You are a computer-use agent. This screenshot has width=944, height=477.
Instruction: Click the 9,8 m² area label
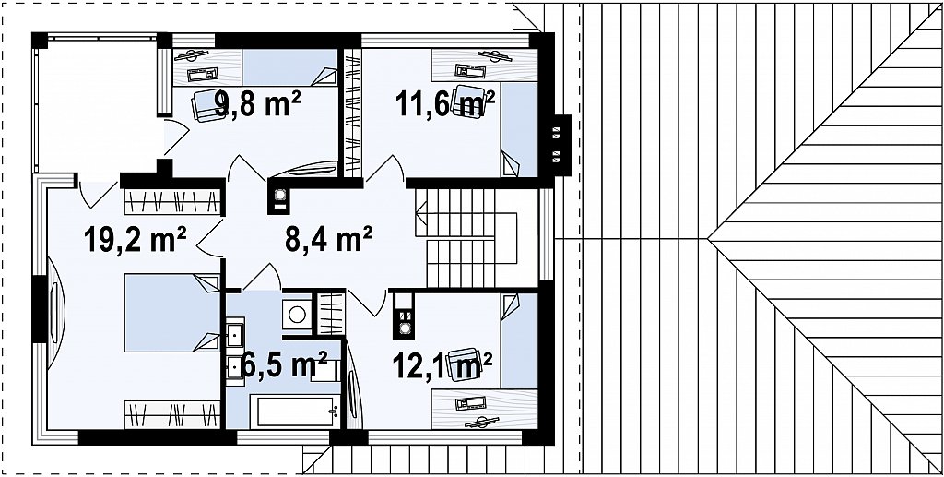pyautogui.click(x=258, y=104)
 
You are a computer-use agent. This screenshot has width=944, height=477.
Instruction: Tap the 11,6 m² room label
pyautogui.click(x=445, y=103)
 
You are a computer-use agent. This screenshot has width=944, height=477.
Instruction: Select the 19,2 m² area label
pyautogui.click(x=135, y=238)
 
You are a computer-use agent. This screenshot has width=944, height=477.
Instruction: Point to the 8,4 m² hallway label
pyautogui.click(x=328, y=238)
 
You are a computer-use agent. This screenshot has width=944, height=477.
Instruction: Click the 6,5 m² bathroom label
pyautogui.click(x=284, y=364)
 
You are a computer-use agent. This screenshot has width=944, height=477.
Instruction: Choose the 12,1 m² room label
pyautogui.click(x=442, y=365)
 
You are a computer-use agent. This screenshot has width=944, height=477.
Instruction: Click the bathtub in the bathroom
pyautogui.click(x=296, y=411)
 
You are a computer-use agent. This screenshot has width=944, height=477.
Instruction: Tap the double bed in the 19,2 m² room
pyautogui.click(x=172, y=313)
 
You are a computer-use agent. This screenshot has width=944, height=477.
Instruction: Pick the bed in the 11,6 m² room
pyautogui.click(x=519, y=129)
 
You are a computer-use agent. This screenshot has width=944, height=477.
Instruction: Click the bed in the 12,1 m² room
pyautogui.click(x=519, y=340)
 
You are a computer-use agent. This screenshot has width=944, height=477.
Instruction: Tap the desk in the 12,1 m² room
pyautogui.click(x=485, y=409)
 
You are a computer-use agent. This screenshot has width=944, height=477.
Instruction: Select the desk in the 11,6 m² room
pyautogui.click(x=485, y=65)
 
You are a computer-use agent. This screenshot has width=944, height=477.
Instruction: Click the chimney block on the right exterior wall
pyautogui.click(x=561, y=145)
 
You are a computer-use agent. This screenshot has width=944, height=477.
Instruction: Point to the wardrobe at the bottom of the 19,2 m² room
pyautogui.click(x=172, y=414)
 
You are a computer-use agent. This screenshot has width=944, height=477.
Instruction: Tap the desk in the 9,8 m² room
pyautogui.click(x=207, y=67)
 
